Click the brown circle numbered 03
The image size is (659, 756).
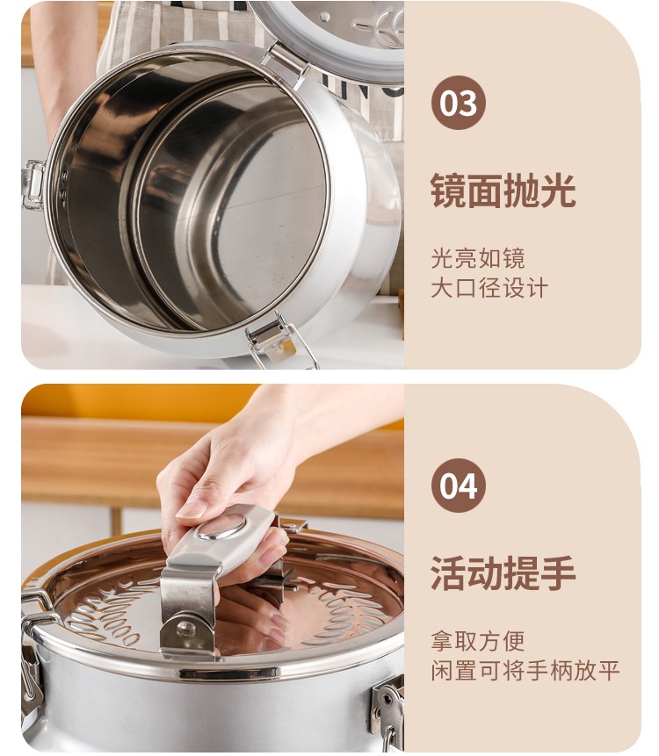pyautogui.click(x=459, y=103)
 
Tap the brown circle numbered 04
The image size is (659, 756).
pyautogui.click(x=459, y=485)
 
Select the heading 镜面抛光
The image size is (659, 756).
pyautogui.click(x=503, y=191)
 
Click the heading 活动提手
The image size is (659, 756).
pyautogui.click(x=503, y=573)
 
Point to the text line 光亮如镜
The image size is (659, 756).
pyautogui.click(x=478, y=258)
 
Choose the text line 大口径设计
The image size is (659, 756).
pyautogui.click(x=489, y=288)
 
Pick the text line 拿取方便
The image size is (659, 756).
pyautogui.click(x=478, y=641)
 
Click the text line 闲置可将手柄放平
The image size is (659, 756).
pyautogui.click(x=525, y=671)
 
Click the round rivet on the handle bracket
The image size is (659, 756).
pyautogui.click(x=186, y=629)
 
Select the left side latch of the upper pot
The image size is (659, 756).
pyautogui.click(x=33, y=184)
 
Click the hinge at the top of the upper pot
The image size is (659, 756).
pyautogui.click(x=285, y=62)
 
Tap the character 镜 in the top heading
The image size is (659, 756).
pyautogui.click(x=448, y=191)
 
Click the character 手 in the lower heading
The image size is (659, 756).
pyautogui.click(x=558, y=573)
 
